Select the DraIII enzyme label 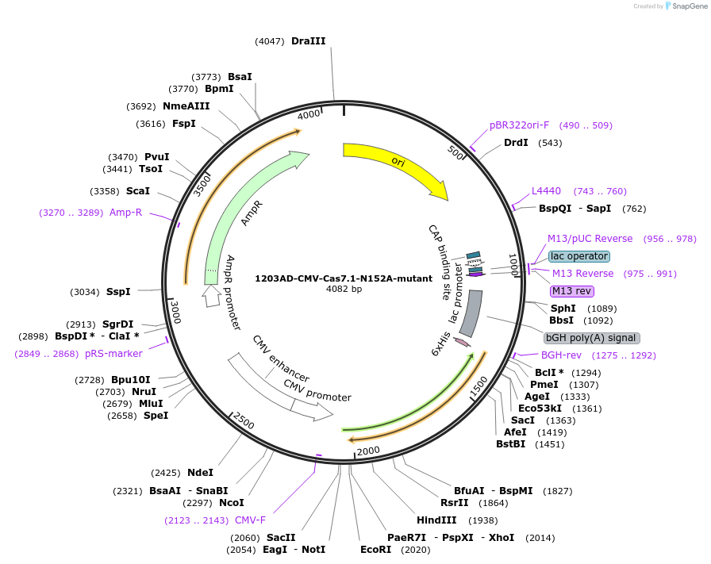[x=308, y=41]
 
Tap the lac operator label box [x=579, y=256]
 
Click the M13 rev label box [x=571, y=291]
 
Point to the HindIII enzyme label [x=436, y=520]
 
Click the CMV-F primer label [x=250, y=520]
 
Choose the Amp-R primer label [x=125, y=213]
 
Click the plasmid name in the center [x=344, y=278]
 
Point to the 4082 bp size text [x=344, y=290]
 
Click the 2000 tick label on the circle [x=369, y=451]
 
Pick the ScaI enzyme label [x=138, y=191]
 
